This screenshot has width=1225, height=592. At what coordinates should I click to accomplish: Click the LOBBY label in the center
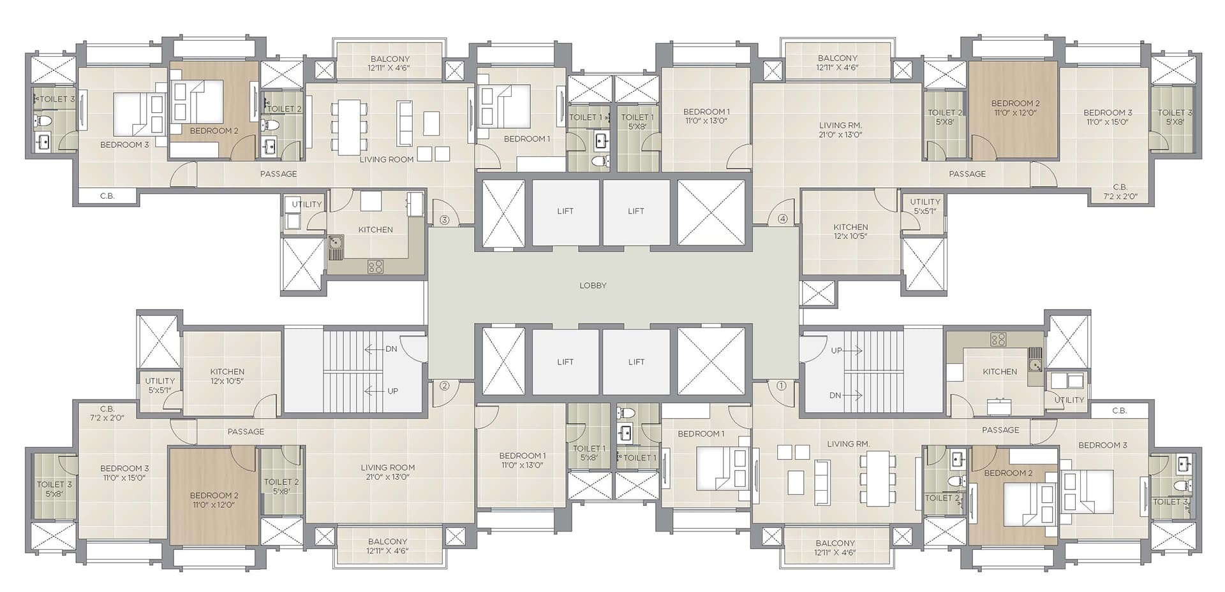593,285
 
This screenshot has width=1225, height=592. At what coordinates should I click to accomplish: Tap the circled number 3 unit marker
445,220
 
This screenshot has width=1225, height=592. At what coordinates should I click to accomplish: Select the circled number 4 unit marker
783,219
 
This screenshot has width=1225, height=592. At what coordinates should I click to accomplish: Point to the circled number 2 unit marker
445,386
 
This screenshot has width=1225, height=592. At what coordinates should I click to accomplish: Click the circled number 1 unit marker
782,385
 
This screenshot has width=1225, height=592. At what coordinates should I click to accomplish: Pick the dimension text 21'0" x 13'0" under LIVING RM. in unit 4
840,134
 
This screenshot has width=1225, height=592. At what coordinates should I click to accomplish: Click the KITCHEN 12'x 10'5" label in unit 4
850,231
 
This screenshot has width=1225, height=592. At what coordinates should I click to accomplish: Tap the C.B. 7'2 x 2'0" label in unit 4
1120,192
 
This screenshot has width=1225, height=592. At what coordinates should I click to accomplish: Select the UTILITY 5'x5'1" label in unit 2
160,385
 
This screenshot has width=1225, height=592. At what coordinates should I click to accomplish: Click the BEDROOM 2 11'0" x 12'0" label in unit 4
1015,108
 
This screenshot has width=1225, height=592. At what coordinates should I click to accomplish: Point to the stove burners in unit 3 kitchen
376,267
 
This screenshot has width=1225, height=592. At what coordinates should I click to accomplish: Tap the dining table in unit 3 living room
348,127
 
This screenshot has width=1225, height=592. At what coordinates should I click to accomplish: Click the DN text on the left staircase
391,349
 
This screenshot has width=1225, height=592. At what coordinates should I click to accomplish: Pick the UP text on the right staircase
836,350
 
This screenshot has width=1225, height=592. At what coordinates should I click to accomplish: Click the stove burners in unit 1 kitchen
999,340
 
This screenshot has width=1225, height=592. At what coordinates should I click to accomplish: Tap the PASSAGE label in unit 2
246,431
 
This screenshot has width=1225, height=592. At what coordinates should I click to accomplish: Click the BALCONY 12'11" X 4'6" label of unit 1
835,547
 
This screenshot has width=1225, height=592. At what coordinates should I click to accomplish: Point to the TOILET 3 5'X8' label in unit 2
54,489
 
